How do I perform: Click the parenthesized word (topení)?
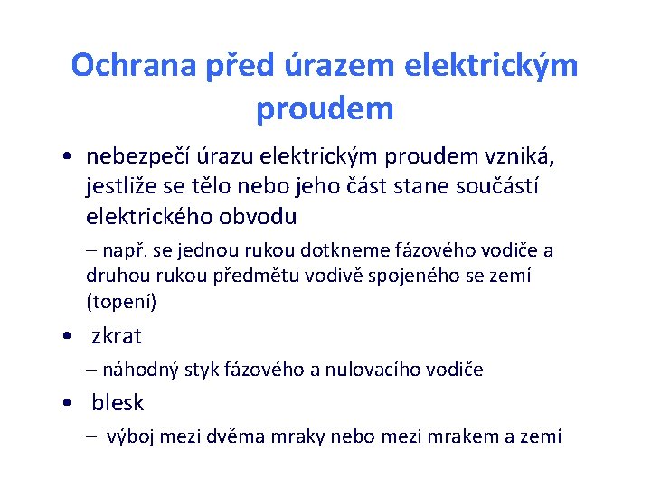point(121,300)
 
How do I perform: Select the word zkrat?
point(117,336)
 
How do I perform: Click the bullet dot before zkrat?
point(70,336)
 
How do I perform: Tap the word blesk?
point(118,402)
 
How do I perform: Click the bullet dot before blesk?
point(70,403)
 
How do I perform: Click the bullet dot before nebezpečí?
point(70,157)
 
